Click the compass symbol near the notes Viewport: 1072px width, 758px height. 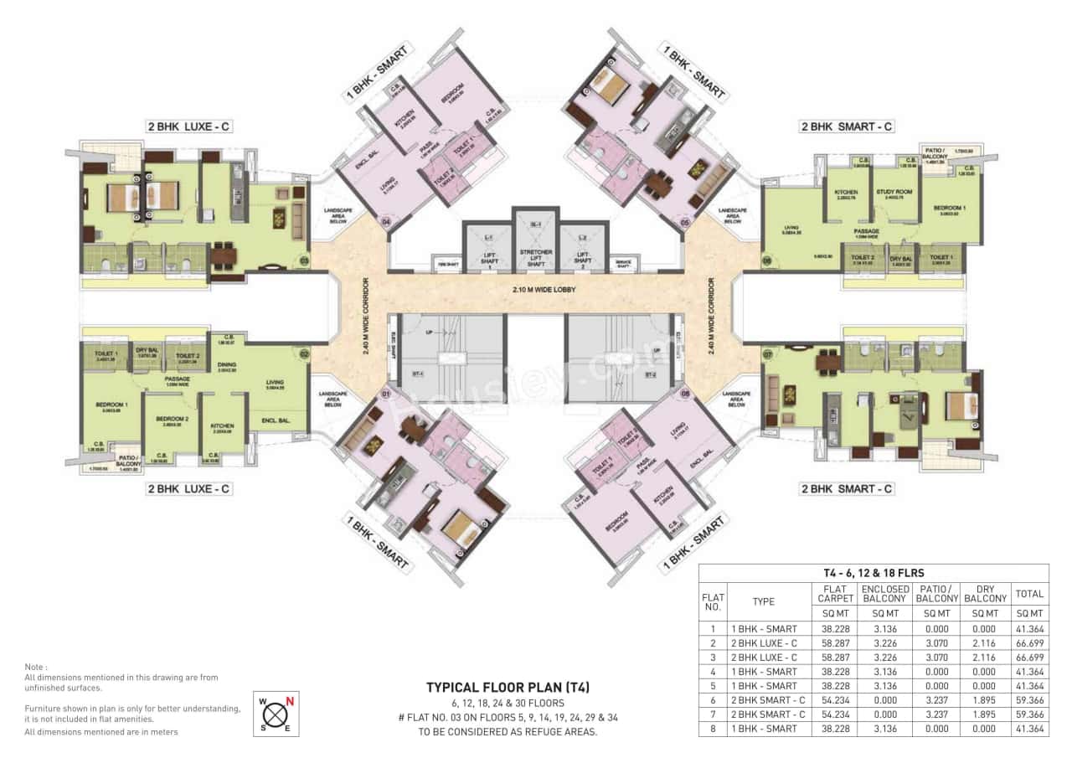tap(276, 714)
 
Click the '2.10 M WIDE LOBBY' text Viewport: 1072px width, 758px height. tap(536, 290)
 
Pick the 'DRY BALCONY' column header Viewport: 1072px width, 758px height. tap(985, 594)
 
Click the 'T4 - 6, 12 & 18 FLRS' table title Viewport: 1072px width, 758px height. tap(874, 573)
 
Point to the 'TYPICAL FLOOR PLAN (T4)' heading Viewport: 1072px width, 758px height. tap(508, 687)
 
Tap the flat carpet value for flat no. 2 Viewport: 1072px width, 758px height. tap(836, 642)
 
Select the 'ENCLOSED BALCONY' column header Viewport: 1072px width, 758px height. tap(885, 594)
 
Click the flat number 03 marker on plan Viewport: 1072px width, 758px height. tap(303, 260)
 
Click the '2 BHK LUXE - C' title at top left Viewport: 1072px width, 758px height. tap(188, 127)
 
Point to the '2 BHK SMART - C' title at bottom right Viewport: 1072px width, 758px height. tap(847, 488)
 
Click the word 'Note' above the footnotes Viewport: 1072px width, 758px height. tap(35, 668)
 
